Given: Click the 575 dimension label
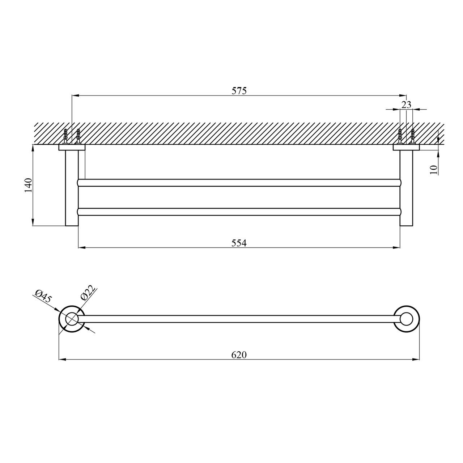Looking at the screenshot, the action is (x=239, y=91).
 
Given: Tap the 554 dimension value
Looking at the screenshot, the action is (x=239, y=243).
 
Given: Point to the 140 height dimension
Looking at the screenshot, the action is (x=29, y=185).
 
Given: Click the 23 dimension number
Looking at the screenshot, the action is (x=406, y=105).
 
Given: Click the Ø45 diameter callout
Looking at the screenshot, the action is (x=43, y=296).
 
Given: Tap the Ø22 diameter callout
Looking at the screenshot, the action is (x=88, y=292).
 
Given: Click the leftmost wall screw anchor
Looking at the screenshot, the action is (x=65, y=136).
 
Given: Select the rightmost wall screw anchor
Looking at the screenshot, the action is (x=412, y=136).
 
